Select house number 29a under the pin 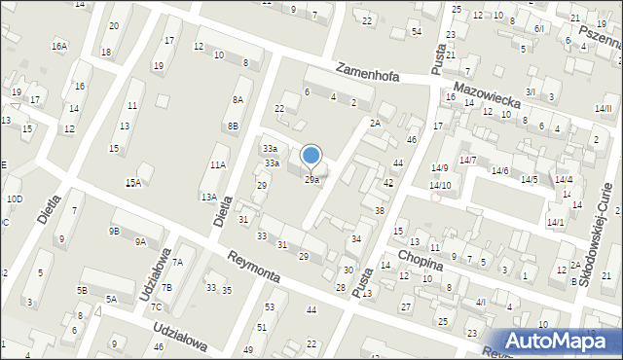(x=311, y=180)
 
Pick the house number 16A (x=60, y=46)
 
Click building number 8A (x=237, y=100)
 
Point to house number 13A (x=208, y=197)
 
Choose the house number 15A (x=132, y=182)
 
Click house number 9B (x=114, y=231)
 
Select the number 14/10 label (x=441, y=185)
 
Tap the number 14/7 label (x=467, y=160)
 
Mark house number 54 (x=416, y=33)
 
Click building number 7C (x=156, y=306)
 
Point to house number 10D (x=14, y=198)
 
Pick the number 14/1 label (x=555, y=223)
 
